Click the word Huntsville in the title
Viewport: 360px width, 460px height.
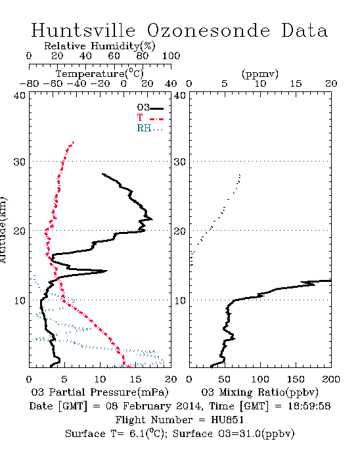(x=83, y=30)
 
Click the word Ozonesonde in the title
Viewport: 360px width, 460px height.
(x=208, y=30)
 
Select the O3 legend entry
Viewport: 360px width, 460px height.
(x=150, y=108)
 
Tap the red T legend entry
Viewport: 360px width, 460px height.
(x=150, y=118)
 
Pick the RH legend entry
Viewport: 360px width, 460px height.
(x=150, y=128)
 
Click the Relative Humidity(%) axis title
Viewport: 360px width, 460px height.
(x=100, y=46)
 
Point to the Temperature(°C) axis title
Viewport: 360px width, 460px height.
(x=100, y=74)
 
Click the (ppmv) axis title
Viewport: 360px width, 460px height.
(x=260, y=74)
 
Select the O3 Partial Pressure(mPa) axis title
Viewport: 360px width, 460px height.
(x=100, y=392)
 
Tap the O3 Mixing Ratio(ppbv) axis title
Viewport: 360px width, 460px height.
(x=259, y=392)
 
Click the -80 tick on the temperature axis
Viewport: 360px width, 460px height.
(x=29, y=84)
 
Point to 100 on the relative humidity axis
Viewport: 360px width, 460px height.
(x=171, y=56)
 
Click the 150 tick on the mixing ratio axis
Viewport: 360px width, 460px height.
(x=296, y=379)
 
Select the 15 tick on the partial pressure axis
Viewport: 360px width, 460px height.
(x=135, y=379)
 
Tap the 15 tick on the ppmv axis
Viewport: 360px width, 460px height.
(x=296, y=84)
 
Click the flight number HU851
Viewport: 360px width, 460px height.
(x=227, y=420)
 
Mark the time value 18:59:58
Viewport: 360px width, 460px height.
(x=309, y=406)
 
